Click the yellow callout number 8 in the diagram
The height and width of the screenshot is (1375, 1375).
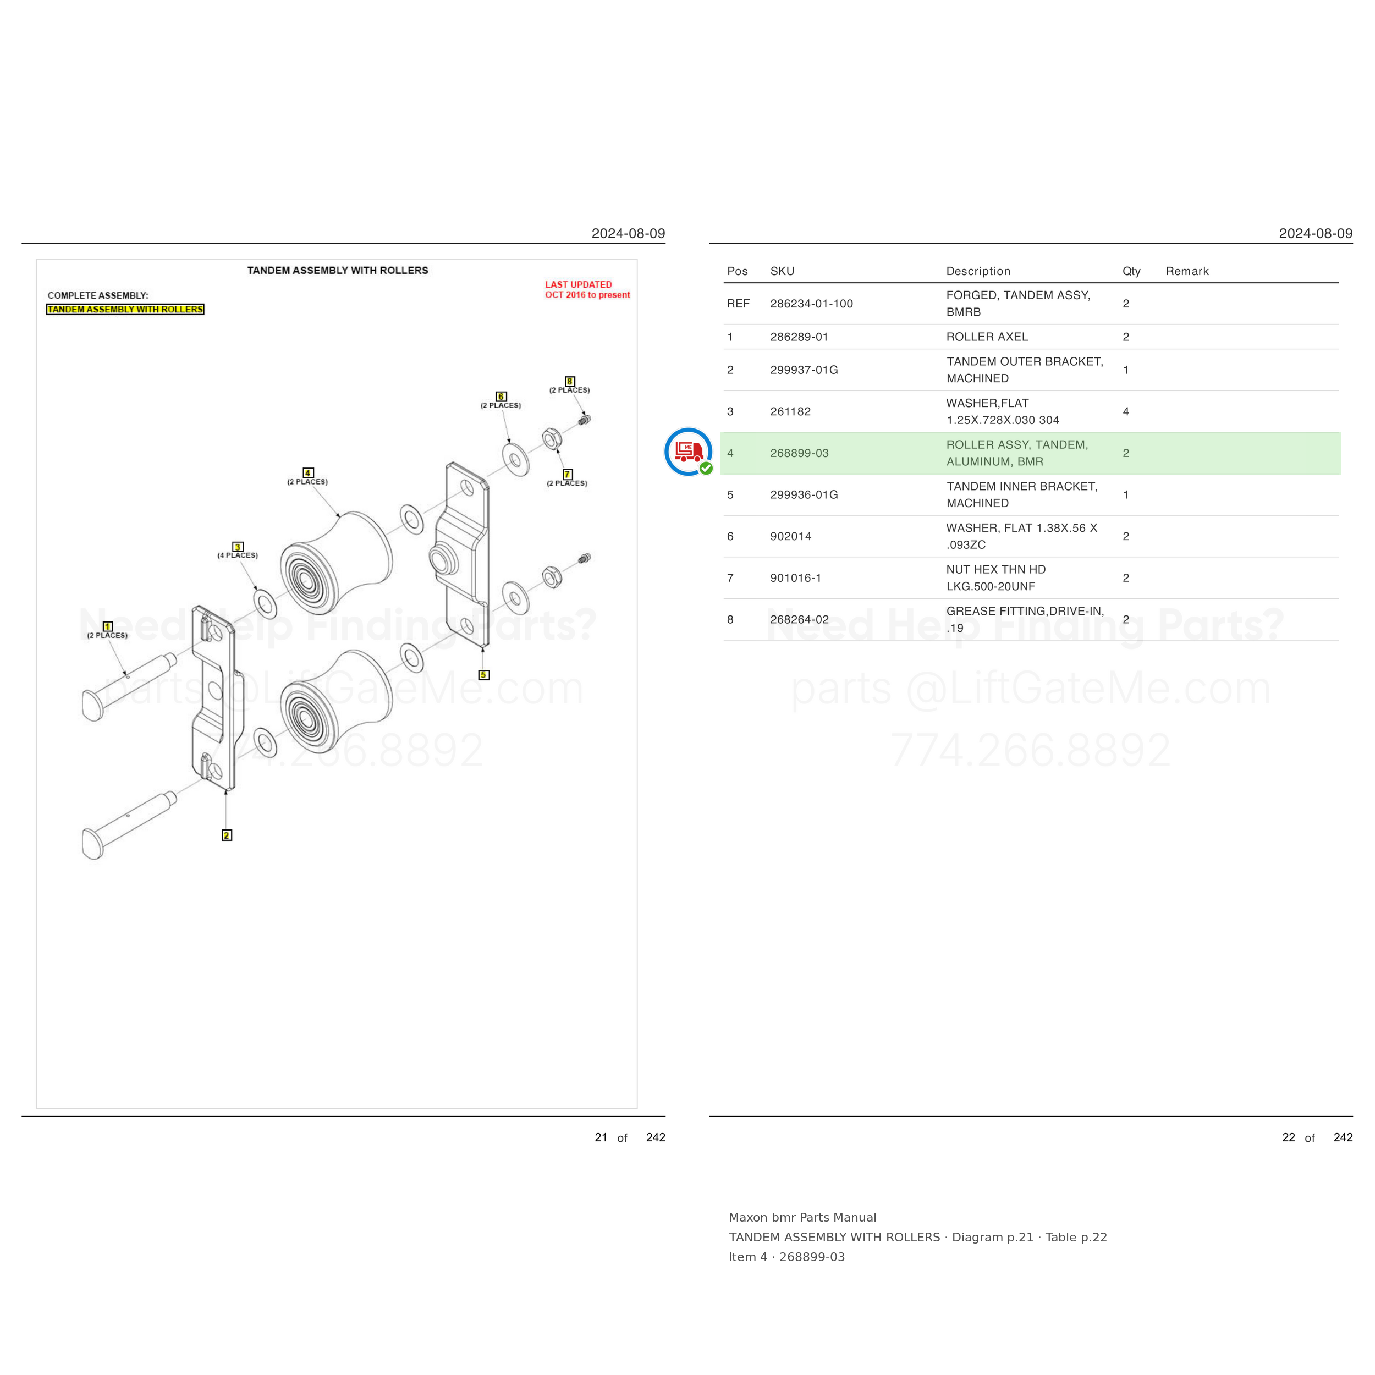tap(569, 382)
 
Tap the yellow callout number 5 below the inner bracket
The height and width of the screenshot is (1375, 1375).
tap(484, 675)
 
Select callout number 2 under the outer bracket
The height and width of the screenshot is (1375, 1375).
tap(226, 835)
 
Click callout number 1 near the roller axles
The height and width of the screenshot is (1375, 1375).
tap(107, 626)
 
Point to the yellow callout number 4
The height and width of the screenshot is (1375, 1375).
tap(308, 472)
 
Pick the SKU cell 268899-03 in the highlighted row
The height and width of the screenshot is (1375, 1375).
tap(799, 453)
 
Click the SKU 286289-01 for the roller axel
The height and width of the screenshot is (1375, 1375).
tap(799, 337)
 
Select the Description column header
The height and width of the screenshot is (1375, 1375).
tap(978, 271)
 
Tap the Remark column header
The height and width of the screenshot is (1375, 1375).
tap(1187, 271)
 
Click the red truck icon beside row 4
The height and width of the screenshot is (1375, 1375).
tap(688, 451)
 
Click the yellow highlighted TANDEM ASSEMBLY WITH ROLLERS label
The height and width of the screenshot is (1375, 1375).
tap(125, 309)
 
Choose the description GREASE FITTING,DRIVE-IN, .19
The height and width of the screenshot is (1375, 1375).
tap(1025, 619)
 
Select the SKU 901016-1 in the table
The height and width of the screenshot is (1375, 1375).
tap(796, 578)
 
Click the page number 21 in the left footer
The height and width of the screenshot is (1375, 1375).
tap(601, 1137)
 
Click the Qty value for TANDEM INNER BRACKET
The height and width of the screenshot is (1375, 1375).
tap(1125, 494)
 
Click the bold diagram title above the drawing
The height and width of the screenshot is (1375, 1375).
tap(337, 271)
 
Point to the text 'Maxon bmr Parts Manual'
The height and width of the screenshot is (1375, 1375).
tap(802, 1217)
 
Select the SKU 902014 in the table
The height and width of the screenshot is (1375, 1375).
tap(791, 537)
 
